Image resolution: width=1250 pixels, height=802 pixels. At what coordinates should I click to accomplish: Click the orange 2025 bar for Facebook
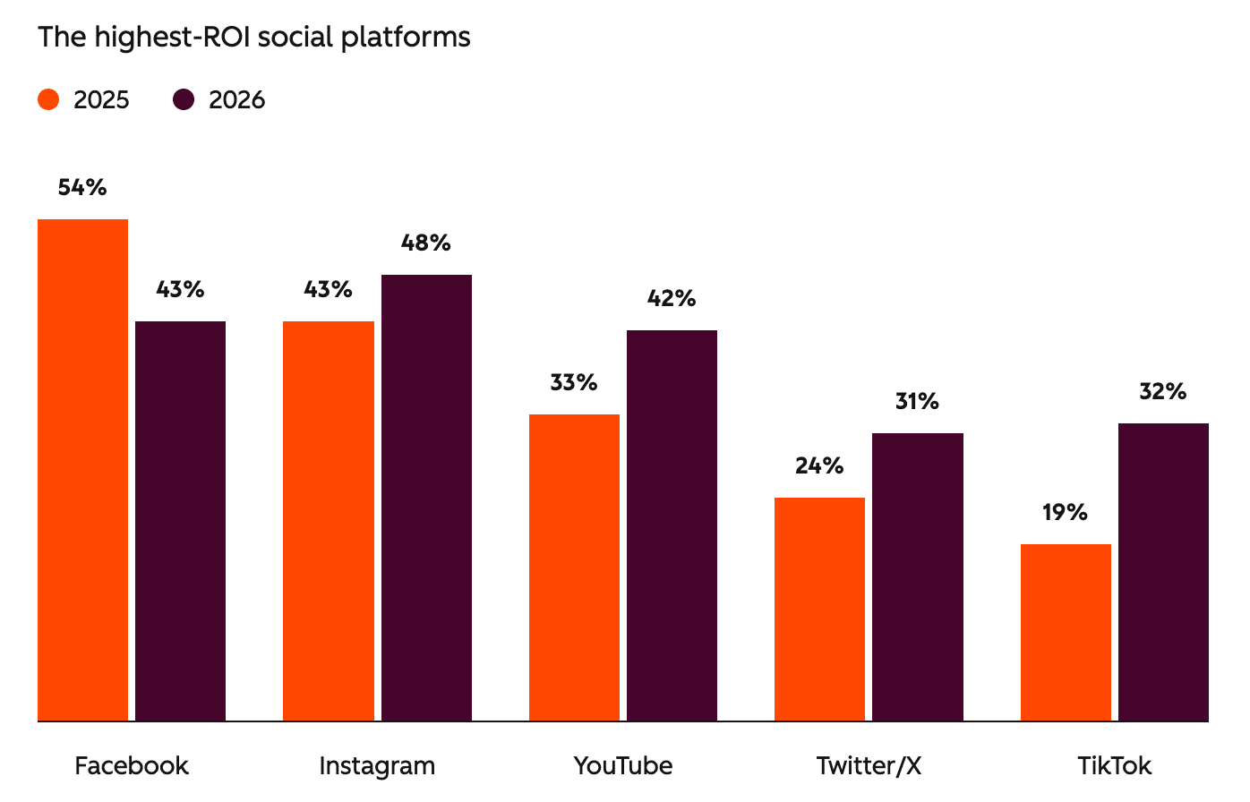point(82,470)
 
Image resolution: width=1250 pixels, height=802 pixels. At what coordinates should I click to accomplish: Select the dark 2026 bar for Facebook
point(180,521)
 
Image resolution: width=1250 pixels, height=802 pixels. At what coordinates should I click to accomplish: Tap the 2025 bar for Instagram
point(329,521)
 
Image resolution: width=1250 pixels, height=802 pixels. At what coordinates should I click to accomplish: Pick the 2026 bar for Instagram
point(426,498)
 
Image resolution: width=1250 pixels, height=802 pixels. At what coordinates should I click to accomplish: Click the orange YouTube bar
point(574,567)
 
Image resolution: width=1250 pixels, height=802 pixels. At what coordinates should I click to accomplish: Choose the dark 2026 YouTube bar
point(672,525)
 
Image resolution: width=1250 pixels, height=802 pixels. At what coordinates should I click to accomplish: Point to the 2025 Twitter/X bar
point(819,609)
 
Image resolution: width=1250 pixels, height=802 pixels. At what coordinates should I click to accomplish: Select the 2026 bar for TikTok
point(1163,572)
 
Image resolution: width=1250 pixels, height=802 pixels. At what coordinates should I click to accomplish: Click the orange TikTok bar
point(1066,632)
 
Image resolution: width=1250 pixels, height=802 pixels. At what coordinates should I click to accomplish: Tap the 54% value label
point(82,187)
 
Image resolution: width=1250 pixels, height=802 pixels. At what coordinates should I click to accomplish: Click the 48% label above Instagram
point(426,243)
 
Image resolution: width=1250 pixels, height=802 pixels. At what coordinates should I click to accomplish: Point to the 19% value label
point(1065,512)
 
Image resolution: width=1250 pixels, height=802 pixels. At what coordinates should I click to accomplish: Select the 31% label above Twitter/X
point(917,401)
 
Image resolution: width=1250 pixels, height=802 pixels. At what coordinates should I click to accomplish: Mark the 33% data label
point(574,382)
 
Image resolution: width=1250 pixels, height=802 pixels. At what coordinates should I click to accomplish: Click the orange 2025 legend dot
point(49,99)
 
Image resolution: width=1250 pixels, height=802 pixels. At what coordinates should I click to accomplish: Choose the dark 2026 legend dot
point(184,99)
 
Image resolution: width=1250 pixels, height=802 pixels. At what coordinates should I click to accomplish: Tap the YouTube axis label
point(623,766)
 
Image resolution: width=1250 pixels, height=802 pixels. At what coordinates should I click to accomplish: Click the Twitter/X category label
point(869,766)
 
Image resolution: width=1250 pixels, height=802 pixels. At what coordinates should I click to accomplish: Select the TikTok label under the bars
point(1114,766)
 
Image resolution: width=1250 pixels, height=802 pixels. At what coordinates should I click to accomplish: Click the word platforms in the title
point(417,38)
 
